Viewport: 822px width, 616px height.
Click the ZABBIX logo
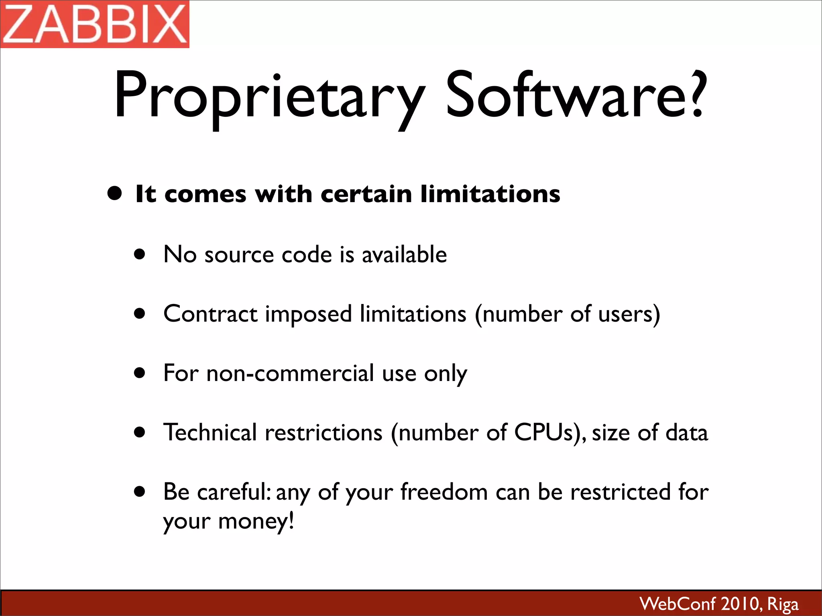pyautogui.click(x=95, y=24)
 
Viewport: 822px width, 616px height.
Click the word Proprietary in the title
pyautogui.click(x=269, y=96)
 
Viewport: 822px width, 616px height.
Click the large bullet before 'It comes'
pyautogui.click(x=115, y=193)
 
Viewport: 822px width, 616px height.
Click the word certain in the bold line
pyautogui.click(x=366, y=194)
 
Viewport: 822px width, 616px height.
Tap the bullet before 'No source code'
pyautogui.click(x=140, y=254)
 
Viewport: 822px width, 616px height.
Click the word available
pyautogui.click(x=404, y=254)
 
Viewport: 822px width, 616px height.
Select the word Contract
pyautogui.click(x=210, y=314)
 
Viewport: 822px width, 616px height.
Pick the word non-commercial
pyautogui.click(x=290, y=373)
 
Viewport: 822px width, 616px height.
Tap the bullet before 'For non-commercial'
pyautogui.click(x=140, y=373)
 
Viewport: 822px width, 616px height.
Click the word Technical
pyautogui.click(x=210, y=432)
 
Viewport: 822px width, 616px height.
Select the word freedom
pyautogui.click(x=444, y=492)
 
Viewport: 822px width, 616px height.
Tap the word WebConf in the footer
pyautogui.click(x=678, y=604)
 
